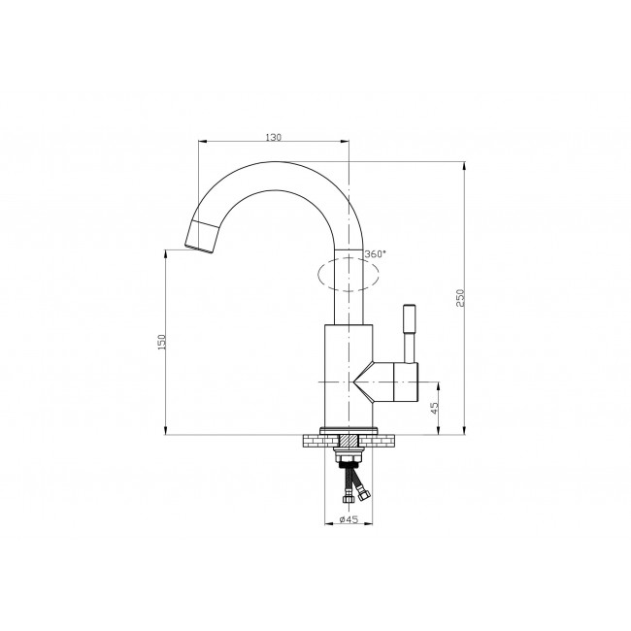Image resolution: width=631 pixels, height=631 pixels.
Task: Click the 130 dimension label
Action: (x=273, y=137)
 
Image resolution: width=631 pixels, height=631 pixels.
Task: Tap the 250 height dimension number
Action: (x=460, y=298)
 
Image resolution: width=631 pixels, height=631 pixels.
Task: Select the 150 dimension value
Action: (x=162, y=342)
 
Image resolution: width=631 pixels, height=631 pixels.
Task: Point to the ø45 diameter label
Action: (x=349, y=519)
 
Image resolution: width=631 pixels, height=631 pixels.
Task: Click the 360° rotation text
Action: (x=375, y=254)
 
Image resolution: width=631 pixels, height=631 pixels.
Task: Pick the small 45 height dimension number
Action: (x=434, y=409)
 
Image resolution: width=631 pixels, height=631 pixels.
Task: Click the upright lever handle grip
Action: (x=410, y=317)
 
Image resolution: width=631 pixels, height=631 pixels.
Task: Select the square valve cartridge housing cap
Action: (x=406, y=382)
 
